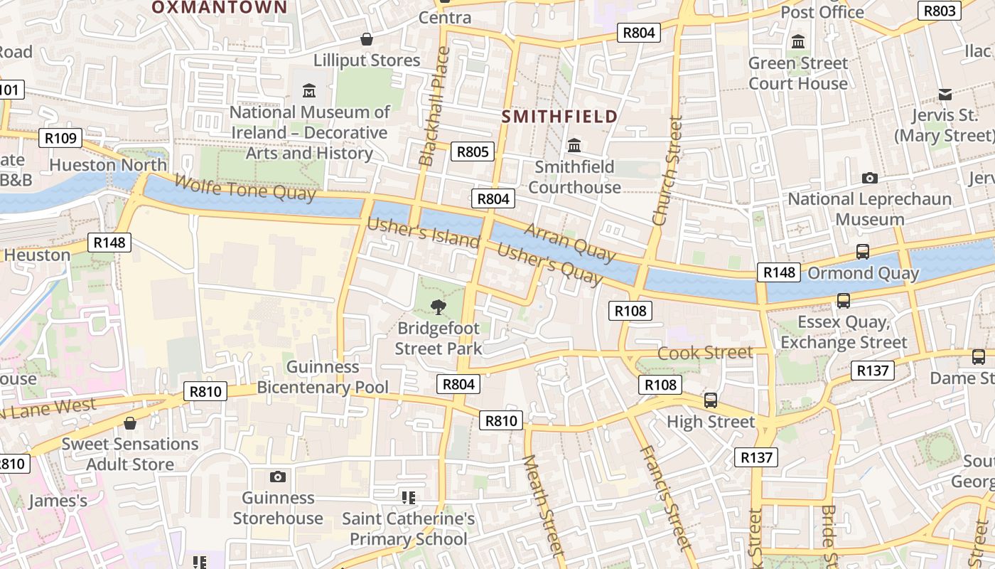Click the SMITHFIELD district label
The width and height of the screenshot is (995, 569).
559,116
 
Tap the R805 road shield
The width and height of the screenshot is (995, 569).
473,151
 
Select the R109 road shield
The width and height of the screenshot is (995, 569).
60,138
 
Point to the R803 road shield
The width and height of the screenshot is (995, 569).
940,11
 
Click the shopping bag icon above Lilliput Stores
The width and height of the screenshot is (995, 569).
367,39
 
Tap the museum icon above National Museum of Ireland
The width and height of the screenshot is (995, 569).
309,91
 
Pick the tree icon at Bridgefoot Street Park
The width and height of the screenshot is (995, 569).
439,307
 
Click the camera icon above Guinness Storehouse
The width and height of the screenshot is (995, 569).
278,477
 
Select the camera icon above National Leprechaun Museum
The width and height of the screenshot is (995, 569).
869,178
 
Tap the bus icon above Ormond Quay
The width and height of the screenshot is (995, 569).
862,252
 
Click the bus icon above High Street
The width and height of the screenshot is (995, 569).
711,400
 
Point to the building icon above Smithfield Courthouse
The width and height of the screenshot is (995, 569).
574,146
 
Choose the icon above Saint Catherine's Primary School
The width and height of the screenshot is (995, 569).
408,497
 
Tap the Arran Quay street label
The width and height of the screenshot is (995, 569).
569,242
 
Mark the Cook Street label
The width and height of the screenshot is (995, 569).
705,353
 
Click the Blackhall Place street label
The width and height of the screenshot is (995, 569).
434,107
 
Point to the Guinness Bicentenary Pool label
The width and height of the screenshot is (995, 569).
323,377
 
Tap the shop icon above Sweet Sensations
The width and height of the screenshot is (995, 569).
130,423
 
